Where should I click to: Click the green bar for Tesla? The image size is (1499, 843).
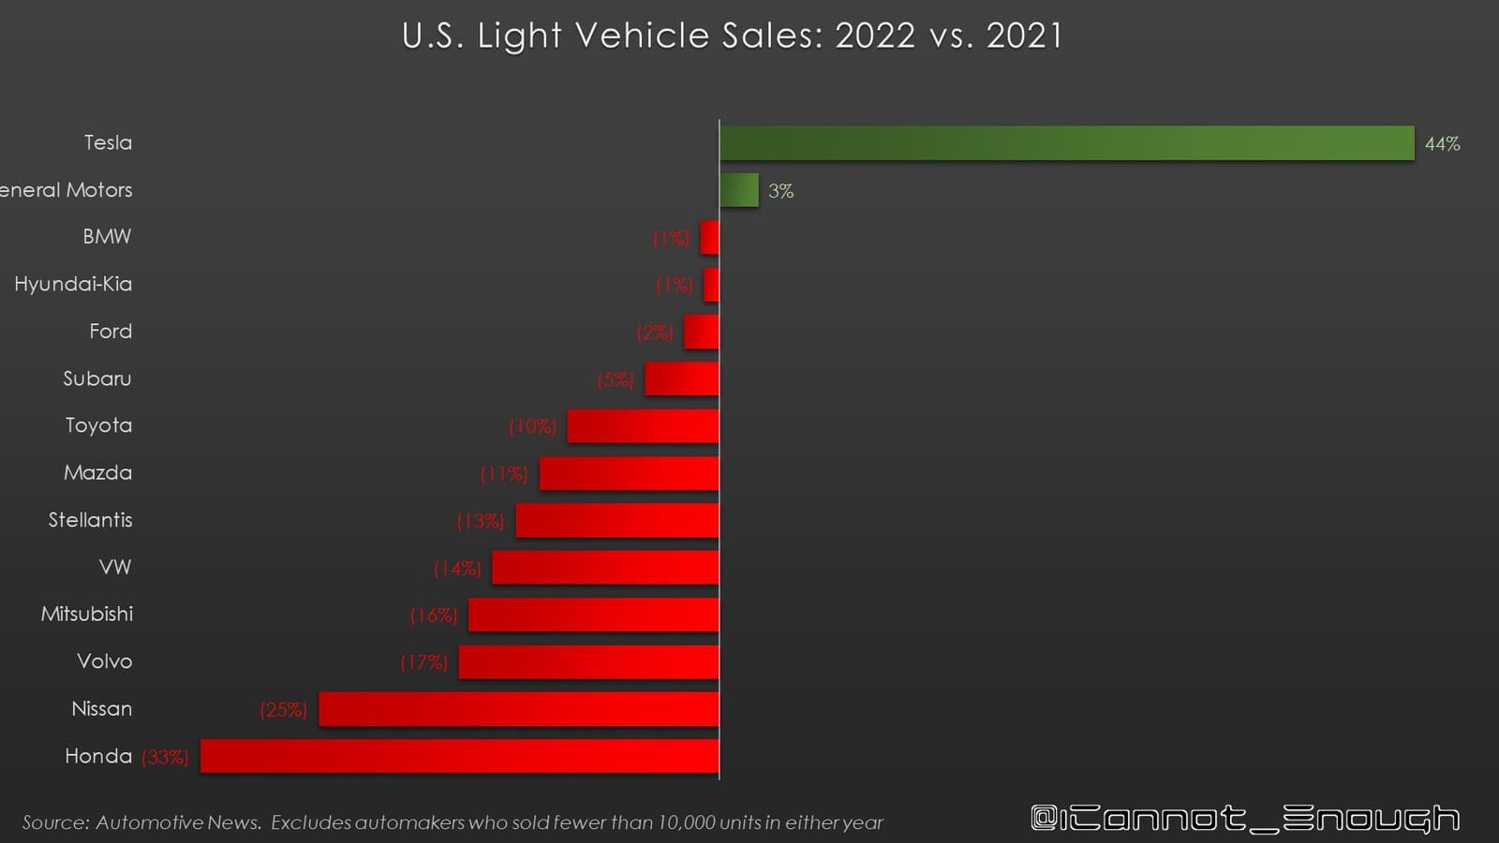[1066, 143]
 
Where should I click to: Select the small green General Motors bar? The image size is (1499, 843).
[739, 190]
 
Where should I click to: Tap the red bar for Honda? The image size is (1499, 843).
[460, 756]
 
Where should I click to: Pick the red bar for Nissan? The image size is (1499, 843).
[519, 709]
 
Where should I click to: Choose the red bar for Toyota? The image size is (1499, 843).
[643, 426]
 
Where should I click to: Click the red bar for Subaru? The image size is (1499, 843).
[682, 379]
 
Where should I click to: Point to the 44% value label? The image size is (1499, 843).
[1442, 144]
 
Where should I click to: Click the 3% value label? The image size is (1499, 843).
[780, 191]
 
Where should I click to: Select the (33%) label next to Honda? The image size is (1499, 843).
[165, 757]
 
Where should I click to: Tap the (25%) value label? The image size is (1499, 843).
[283, 710]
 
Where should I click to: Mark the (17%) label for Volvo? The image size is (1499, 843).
[423, 663]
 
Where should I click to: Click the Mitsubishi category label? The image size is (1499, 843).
[87, 614]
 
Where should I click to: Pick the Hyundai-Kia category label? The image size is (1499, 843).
[73, 284]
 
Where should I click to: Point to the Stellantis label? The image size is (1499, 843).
[90, 520]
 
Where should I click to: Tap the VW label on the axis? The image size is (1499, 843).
[115, 568]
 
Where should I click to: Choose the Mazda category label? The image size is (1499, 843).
[97, 473]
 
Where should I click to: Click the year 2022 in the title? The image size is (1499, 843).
[874, 36]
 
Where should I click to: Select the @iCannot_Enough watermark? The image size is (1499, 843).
[1245, 818]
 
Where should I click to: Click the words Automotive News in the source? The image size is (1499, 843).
[178, 822]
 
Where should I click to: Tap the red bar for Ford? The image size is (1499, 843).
[702, 333]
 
